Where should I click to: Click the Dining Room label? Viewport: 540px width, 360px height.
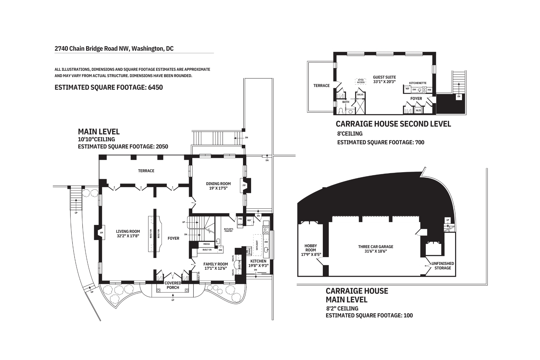218,184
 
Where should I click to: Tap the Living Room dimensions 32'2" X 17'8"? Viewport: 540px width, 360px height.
128,236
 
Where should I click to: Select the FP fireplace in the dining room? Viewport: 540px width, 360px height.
244,185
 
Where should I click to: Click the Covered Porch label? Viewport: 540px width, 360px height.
173,285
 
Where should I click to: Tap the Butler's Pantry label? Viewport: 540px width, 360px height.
229,230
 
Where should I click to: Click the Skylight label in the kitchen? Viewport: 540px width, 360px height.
257,245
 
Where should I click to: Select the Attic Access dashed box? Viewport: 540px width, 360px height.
361,81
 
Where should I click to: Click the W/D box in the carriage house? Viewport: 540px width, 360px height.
418,110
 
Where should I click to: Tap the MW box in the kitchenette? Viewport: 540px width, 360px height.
429,89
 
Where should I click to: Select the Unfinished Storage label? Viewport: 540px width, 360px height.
443,265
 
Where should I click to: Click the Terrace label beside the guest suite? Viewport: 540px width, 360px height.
321,85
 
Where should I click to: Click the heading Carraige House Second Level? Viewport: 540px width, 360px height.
393,124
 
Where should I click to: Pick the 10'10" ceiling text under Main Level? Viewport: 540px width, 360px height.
96,139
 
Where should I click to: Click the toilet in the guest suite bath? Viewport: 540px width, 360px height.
341,111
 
